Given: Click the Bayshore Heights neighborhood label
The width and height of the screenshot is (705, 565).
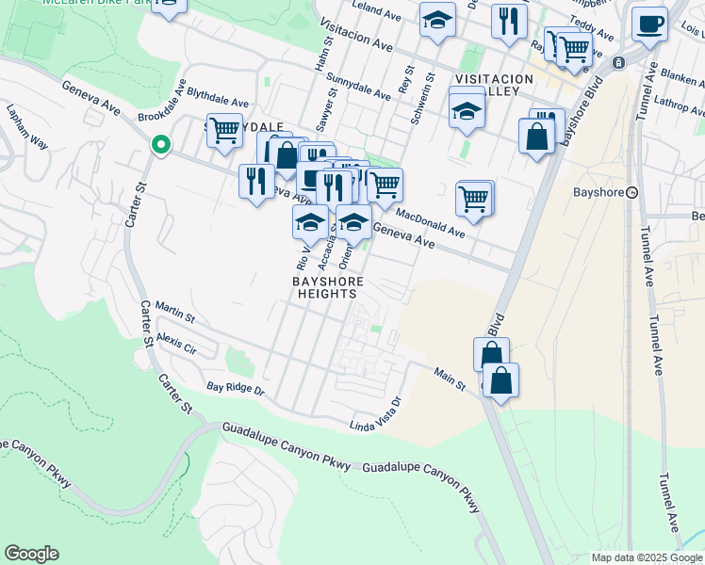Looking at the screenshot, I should click(323, 287).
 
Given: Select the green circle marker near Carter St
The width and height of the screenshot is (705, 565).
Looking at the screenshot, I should click(160, 145).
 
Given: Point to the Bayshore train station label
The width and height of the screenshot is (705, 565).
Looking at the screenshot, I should click(599, 193).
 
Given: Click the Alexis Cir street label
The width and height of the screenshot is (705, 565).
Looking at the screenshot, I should click(176, 341).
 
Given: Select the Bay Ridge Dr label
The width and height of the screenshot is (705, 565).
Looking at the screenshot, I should click(236, 388).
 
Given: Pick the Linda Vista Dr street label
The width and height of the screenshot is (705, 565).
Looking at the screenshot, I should click(376, 415).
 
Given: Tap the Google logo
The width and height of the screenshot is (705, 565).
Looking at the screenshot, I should click(31, 554).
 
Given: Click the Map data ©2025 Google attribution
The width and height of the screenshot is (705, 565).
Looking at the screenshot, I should click(646, 557).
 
